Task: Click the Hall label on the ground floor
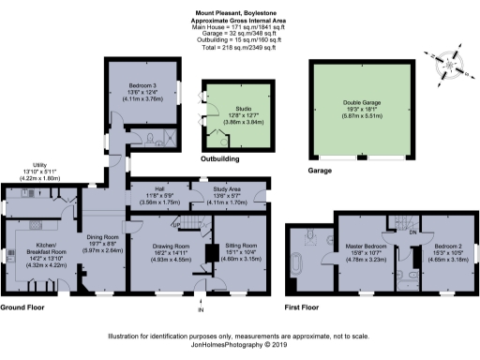pyautogui.click(x=158, y=189)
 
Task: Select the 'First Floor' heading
pyautogui.click(x=306, y=307)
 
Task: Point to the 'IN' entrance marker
pyautogui.click(x=200, y=309)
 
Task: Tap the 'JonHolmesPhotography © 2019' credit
pyautogui.click(x=239, y=344)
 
